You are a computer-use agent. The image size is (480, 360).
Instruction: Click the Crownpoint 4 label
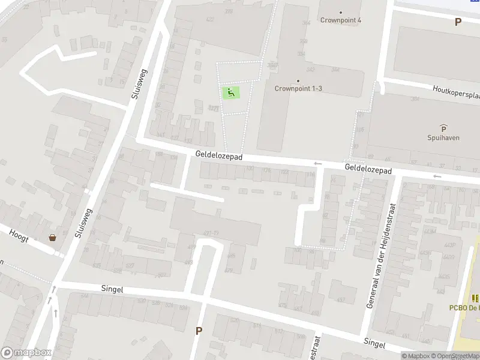[341, 20]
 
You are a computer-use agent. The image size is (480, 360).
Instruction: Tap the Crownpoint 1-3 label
[298, 88]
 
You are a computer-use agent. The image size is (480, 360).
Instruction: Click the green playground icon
[231, 92]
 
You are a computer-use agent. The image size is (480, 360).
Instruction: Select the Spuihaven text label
[443, 137]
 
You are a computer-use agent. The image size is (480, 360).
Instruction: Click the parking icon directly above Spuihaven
[443, 128]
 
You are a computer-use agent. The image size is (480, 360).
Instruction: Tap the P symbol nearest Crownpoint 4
[458, 22]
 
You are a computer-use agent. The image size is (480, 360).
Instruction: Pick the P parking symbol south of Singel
[199, 331]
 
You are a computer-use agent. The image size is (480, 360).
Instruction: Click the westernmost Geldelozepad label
[218, 155]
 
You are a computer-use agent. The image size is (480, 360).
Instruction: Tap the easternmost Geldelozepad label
[368, 170]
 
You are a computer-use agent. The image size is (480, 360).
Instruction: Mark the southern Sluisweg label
[83, 223]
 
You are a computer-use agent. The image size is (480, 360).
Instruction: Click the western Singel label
[112, 289]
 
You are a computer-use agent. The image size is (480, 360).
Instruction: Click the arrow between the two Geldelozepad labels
[317, 163]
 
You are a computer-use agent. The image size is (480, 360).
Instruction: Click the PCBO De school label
[464, 307]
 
